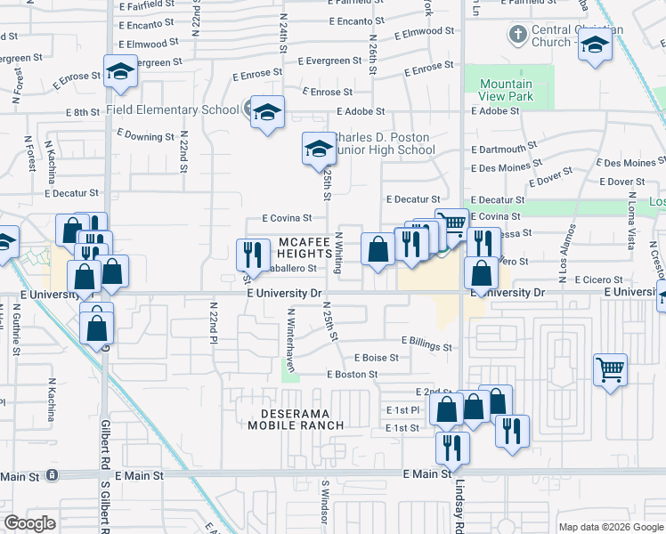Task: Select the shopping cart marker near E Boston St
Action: tap(610, 368)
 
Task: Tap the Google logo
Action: tap(29, 523)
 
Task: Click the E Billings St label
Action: tap(426, 341)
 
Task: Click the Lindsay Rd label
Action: tap(459, 506)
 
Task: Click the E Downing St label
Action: tap(145, 137)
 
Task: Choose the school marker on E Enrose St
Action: tap(119, 73)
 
